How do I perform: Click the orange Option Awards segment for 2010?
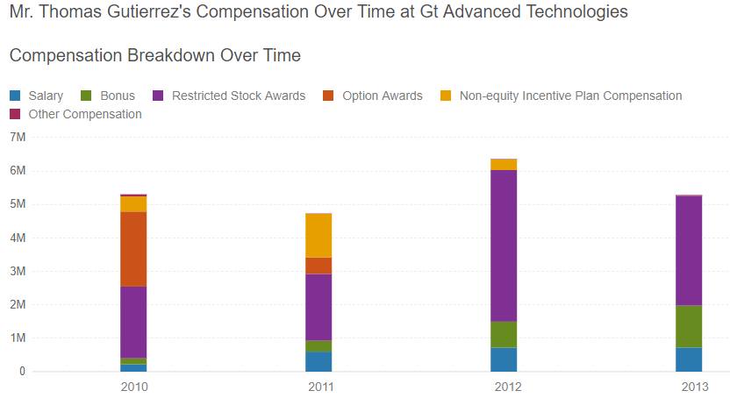(x=133, y=249)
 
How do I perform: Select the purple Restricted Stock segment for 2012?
(x=504, y=245)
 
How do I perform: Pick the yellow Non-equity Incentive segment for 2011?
(x=318, y=235)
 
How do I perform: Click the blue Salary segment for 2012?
(x=504, y=359)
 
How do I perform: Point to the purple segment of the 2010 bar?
(x=133, y=322)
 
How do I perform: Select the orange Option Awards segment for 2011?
(x=318, y=266)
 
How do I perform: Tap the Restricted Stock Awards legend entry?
(x=230, y=96)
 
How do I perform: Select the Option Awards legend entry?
(x=374, y=96)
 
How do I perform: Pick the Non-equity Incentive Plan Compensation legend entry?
(x=562, y=96)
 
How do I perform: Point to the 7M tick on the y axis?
(x=18, y=138)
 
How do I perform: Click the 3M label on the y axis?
(x=18, y=271)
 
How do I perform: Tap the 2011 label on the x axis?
(x=318, y=387)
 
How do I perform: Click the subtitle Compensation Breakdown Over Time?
(x=154, y=55)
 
